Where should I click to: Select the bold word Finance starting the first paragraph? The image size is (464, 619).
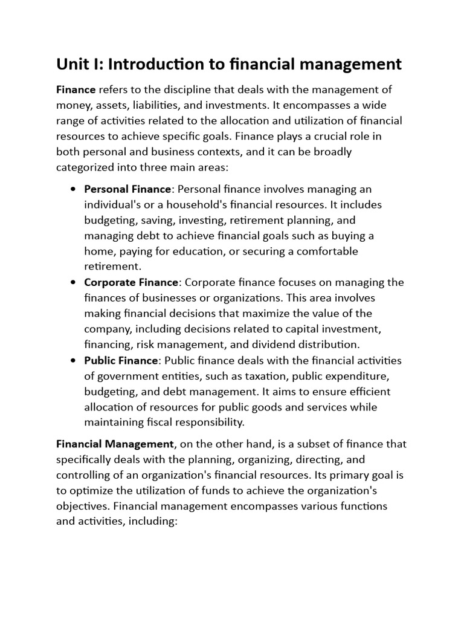pyautogui.click(x=76, y=89)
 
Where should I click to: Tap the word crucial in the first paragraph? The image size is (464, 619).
pyautogui.click(x=300, y=137)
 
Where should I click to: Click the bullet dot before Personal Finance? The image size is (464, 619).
pyautogui.click(x=72, y=189)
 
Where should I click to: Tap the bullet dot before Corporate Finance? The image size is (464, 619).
pyautogui.click(x=72, y=282)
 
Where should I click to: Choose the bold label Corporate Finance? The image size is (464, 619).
pyautogui.click(x=131, y=282)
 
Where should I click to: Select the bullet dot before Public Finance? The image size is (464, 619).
pyautogui.click(x=72, y=360)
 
